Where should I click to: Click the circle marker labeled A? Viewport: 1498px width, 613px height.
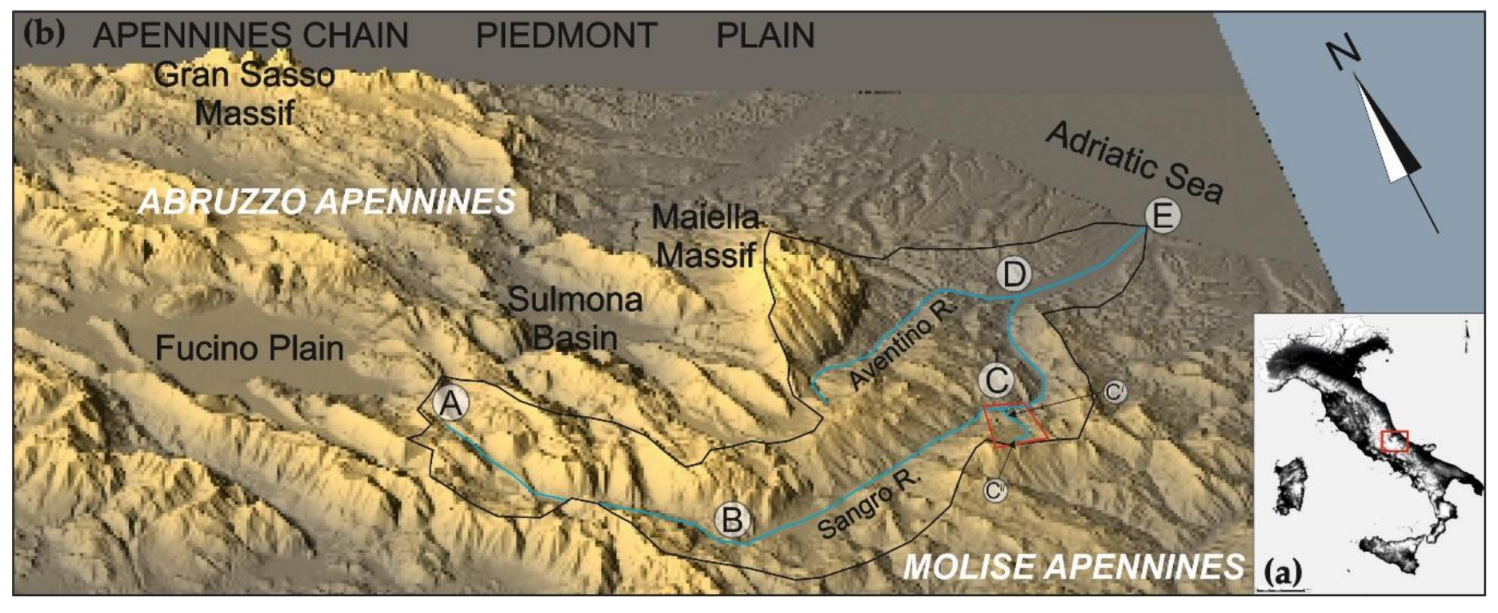[451, 404]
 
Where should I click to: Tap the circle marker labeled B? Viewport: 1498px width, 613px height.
[731, 520]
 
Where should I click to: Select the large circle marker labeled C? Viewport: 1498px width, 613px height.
[996, 380]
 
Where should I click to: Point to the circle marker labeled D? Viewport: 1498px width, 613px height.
[1014, 274]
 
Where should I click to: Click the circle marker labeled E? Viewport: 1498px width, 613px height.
[1162, 215]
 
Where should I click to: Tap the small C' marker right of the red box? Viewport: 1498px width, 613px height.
[1114, 392]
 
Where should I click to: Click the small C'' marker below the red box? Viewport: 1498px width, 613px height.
[995, 490]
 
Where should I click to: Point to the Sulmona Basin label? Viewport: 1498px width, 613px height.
[575, 319]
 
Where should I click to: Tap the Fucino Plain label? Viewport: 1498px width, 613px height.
[249, 348]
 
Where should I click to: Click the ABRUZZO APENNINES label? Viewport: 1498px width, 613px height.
[326, 202]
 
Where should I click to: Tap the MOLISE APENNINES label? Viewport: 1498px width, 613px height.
[1073, 567]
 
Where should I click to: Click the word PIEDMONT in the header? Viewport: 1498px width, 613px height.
[566, 35]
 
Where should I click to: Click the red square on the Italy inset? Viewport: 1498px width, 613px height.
[1394, 441]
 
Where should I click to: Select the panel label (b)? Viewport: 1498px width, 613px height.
[44, 33]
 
